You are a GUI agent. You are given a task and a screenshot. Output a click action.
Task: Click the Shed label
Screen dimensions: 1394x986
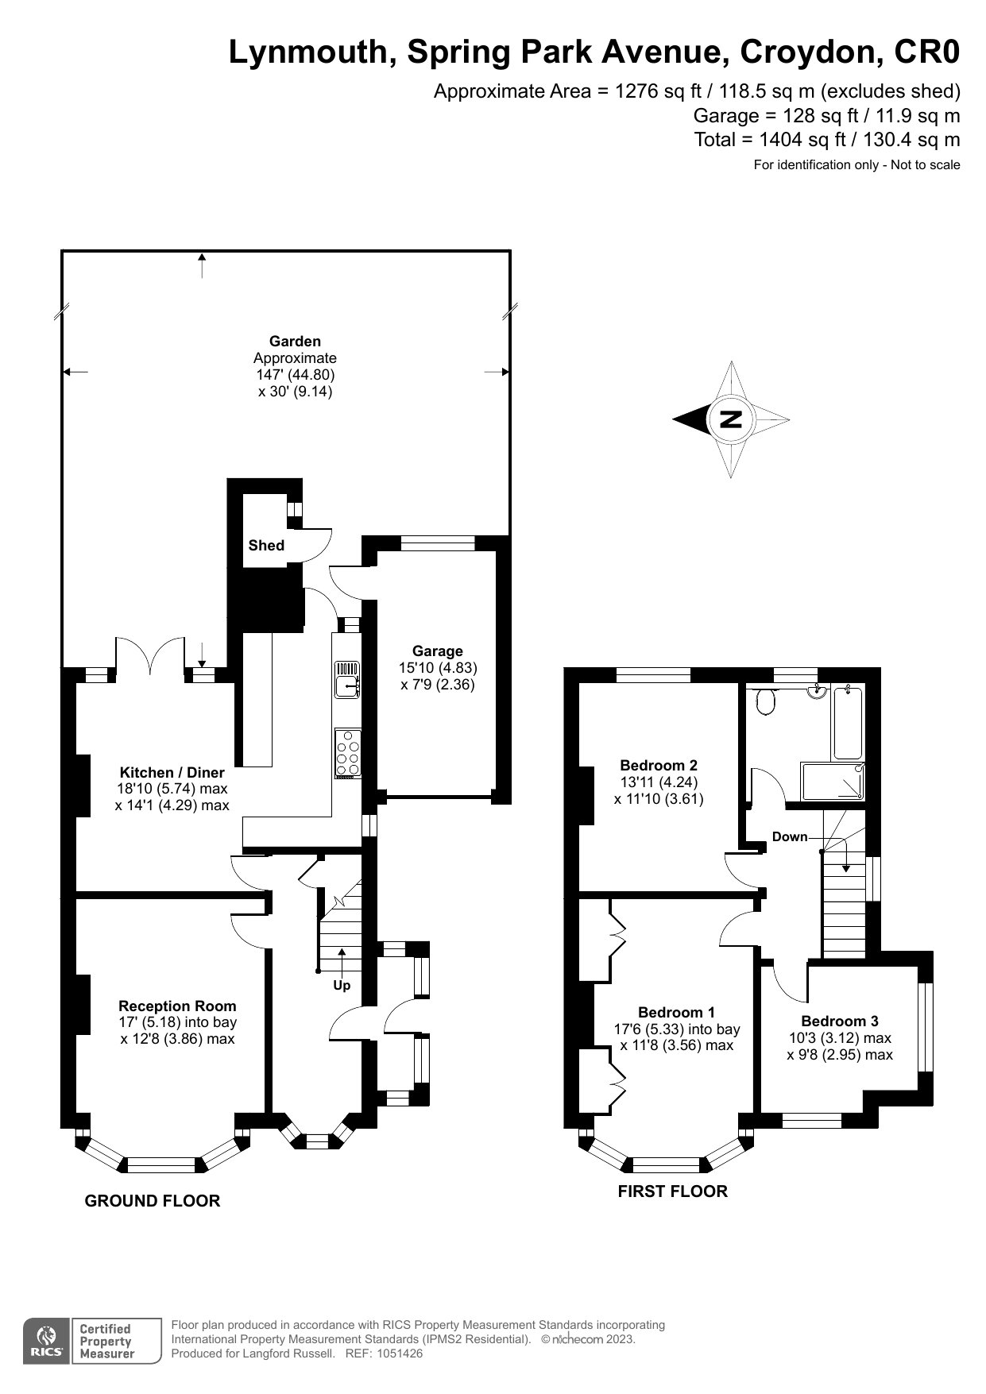266,545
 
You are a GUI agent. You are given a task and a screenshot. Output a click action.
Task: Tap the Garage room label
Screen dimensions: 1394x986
437,651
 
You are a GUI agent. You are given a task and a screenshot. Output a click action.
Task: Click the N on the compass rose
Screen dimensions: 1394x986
730,419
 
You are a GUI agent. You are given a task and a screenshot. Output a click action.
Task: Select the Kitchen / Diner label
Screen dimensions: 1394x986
172,772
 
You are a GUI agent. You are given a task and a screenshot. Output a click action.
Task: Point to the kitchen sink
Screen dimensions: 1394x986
347,681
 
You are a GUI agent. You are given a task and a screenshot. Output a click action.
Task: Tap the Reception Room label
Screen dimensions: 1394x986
177,1006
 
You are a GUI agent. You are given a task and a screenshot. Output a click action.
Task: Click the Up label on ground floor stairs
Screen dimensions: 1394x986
342,985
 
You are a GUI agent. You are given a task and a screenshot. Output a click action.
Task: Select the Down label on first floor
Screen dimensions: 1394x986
790,836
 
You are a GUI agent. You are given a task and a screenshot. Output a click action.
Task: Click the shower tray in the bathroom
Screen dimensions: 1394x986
833,781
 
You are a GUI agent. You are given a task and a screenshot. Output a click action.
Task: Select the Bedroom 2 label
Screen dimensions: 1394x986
659,765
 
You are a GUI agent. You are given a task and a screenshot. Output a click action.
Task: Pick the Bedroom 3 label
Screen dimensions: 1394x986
840,1021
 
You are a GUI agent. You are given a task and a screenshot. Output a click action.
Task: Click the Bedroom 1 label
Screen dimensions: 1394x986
676,1012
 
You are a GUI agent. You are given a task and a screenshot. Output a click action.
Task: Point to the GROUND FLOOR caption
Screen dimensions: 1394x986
153,1200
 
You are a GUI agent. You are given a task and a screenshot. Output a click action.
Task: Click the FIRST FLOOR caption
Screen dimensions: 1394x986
672,1191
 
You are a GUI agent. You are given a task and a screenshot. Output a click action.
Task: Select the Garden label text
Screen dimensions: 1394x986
295,341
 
